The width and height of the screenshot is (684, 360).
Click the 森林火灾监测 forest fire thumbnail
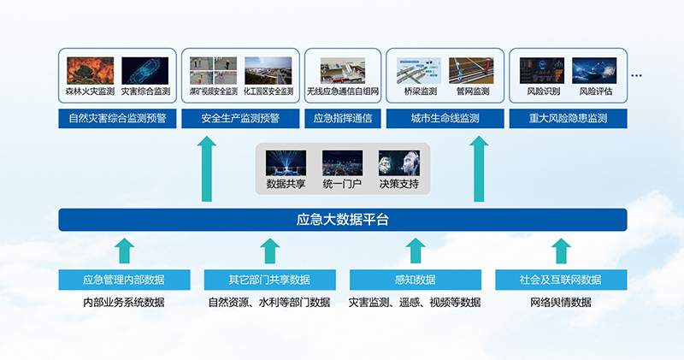91,70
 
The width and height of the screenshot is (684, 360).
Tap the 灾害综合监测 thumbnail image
144,70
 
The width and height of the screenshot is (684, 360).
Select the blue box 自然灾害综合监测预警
117,119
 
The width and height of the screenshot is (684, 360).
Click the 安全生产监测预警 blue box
240,119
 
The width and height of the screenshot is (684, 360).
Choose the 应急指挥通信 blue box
343,119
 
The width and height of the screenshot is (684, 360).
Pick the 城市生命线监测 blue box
445,119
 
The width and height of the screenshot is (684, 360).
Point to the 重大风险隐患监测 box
568,119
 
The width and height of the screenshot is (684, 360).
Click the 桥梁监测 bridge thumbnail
419,70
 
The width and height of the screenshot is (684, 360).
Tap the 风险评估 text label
595,91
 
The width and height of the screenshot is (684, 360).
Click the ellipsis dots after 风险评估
636,75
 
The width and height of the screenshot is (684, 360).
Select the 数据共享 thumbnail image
286,163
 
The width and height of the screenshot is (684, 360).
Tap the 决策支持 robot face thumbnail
399,163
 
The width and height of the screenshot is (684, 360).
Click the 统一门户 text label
342,184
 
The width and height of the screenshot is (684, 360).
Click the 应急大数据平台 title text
343,220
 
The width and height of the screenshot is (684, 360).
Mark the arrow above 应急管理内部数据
124,251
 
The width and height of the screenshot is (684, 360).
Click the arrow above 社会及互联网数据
561,251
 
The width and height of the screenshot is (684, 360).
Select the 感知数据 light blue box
416,280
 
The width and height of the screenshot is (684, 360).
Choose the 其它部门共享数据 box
269,280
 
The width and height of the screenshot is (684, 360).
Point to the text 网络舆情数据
561,303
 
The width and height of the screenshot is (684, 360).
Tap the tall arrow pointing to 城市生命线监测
479,168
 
